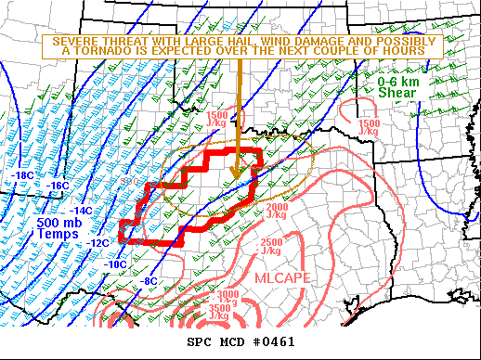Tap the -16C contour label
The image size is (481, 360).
tap(58, 186)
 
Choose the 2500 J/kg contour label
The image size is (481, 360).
tap(272, 246)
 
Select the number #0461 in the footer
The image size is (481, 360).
tap(274, 342)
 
